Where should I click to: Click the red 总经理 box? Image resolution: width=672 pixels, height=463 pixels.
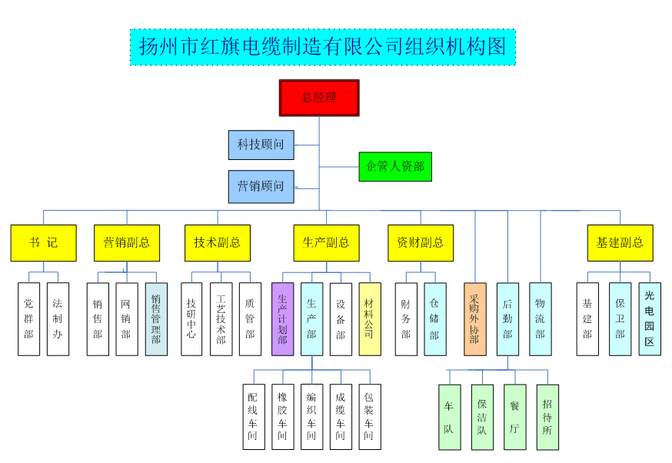[x=318, y=98]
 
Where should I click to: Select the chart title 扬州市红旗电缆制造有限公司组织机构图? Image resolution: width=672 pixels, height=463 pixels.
[x=322, y=47]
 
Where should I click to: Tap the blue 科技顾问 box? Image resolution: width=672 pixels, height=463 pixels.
[x=261, y=145]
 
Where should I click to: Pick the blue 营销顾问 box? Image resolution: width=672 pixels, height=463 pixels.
[x=261, y=186]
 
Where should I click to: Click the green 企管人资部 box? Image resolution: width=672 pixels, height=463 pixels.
[x=395, y=166]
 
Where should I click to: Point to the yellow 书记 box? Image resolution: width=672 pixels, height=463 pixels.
[x=43, y=242]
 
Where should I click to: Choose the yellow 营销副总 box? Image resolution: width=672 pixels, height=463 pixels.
[x=126, y=242]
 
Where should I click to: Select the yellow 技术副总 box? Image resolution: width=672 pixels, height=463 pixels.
[x=217, y=242]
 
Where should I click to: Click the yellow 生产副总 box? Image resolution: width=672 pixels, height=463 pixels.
[x=326, y=242]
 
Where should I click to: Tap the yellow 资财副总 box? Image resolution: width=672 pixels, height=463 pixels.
[x=420, y=242]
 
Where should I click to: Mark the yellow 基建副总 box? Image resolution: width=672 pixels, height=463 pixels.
[x=620, y=242]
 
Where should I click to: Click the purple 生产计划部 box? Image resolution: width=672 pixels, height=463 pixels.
[x=282, y=318]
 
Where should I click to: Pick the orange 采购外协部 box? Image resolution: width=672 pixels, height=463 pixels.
[x=474, y=318]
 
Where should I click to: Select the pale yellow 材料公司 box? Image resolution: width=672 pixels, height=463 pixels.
[x=369, y=318]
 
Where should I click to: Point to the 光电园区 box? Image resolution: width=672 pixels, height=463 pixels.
[x=649, y=318]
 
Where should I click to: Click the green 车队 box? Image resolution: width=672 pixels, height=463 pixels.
[x=449, y=417]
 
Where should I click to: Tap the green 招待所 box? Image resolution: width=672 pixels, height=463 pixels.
[x=547, y=417]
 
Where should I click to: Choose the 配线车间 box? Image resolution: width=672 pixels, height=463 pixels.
[x=253, y=417]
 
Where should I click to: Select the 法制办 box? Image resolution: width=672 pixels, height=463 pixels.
[x=58, y=318]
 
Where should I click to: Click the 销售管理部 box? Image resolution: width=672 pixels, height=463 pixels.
[x=155, y=318]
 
